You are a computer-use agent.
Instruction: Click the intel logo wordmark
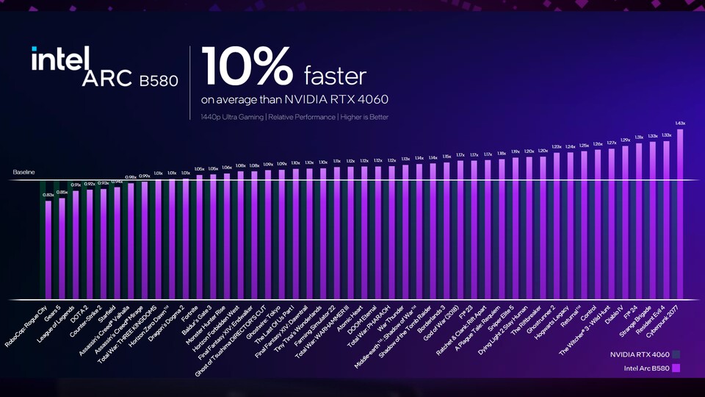pyautogui.click(x=60, y=58)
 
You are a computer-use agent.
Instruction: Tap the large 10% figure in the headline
pyautogui.click(x=246, y=68)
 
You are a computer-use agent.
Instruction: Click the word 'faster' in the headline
pyautogui.click(x=335, y=75)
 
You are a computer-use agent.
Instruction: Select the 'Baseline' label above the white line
pyautogui.click(x=24, y=172)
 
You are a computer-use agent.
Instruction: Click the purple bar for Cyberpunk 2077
pyautogui.click(x=680, y=213)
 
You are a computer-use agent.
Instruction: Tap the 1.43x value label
pyautogui.click(x=680, y=124)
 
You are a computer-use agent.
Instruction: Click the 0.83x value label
pyautogui.click(x=48, y=195)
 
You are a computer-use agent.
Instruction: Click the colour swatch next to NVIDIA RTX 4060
pyautogui.click(x=674, y=354)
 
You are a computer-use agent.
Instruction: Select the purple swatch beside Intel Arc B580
pyautogui.click(x=674, y=368)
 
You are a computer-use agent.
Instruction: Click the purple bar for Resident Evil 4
pyautogui.click(x=666, y=221)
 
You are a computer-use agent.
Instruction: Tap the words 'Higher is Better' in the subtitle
pyautogui.click(x=363, y=117)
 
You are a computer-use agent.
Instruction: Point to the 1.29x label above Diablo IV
pyautogui.click(x=625, y=140)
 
